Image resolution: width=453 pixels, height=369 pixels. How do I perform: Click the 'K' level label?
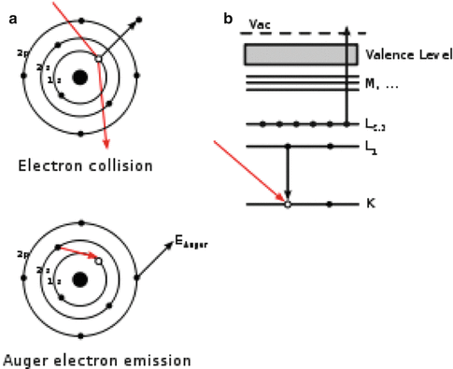pyautogui.click(x=373, y=204)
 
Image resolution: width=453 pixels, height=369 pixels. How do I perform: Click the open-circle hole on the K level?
pyautogui.click(x=288, y=204)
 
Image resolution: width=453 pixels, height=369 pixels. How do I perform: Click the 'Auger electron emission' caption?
pyautogui.click(x=97, y=359)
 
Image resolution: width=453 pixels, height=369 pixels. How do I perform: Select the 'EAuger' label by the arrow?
pyautogui.click(x=191, y=242)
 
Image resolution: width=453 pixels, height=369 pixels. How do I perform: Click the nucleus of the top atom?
pyautogui.click(x=80, y=77)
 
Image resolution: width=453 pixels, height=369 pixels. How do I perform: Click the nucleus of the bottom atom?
pyautogui.click(x=80, y=278)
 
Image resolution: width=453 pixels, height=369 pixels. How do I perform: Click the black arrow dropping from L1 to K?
pyautogui.click(x=288, y=174)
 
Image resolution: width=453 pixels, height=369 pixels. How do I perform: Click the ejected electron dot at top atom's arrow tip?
pyautogui.click(x=138, y=20)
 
